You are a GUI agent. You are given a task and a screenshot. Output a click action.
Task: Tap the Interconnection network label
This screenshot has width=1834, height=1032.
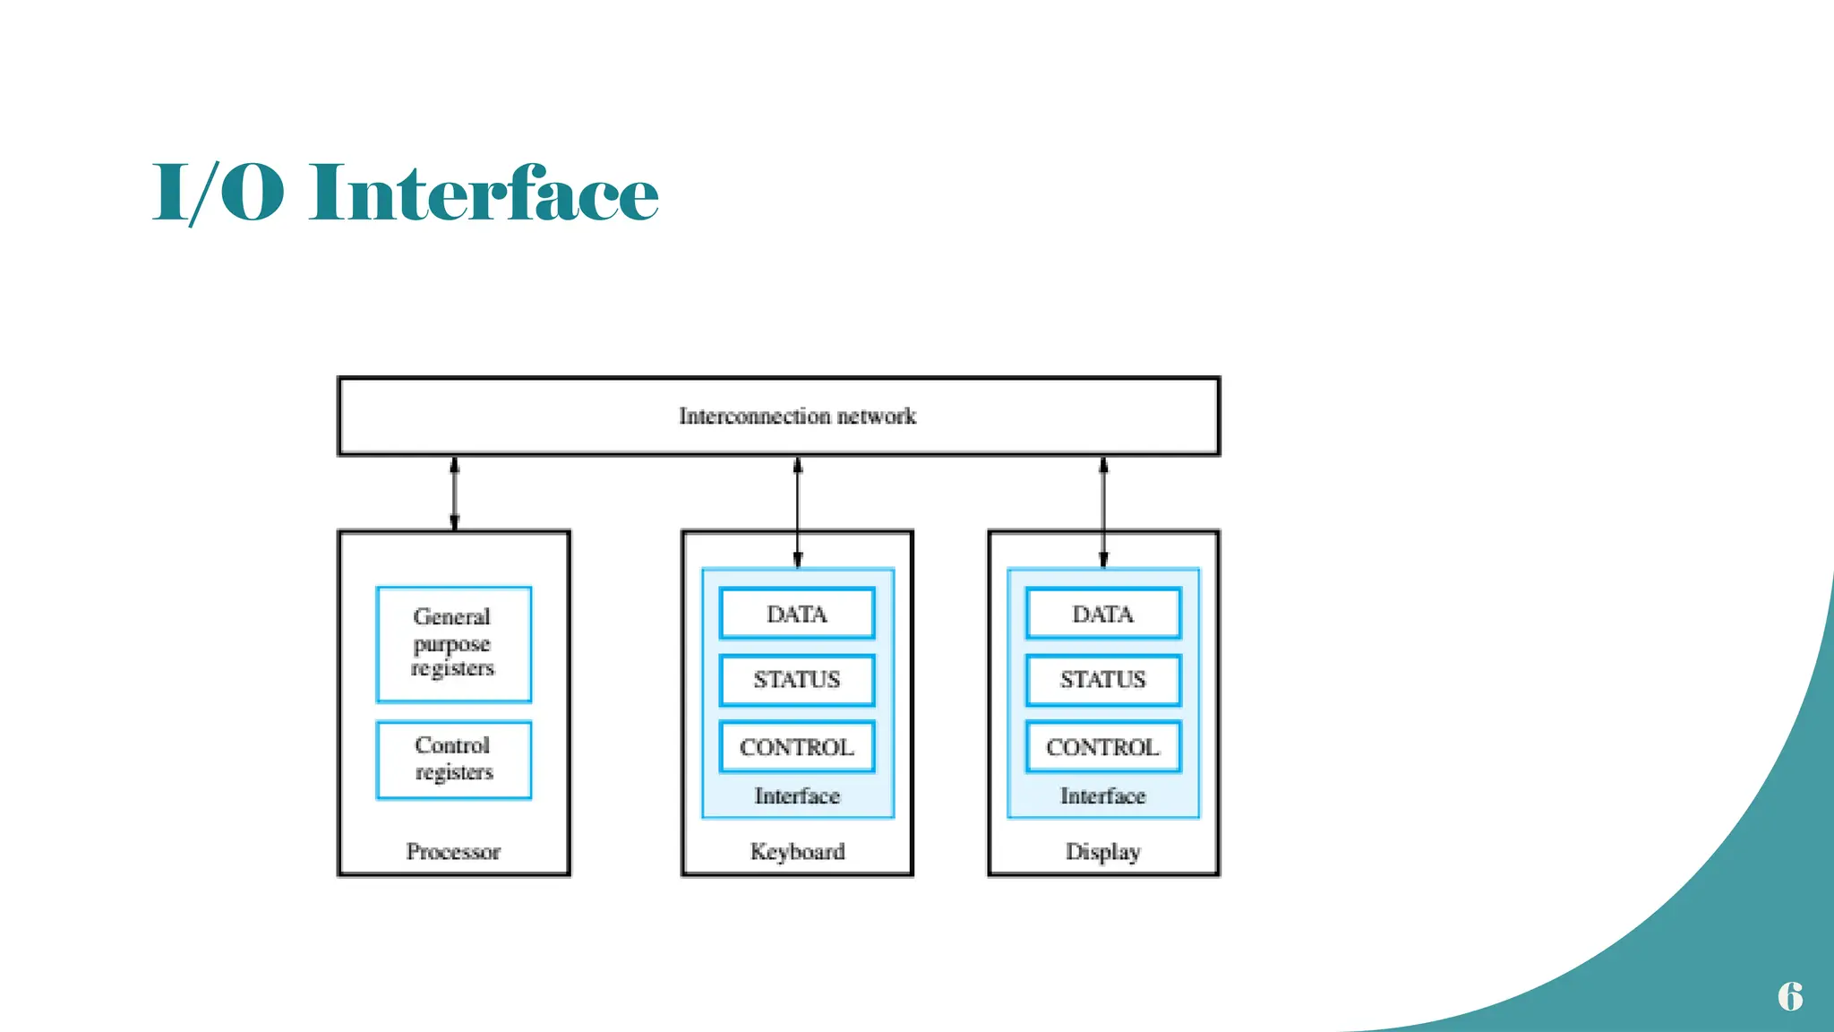point(797,417)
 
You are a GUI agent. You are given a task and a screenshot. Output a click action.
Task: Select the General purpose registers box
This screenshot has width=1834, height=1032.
point(453,643)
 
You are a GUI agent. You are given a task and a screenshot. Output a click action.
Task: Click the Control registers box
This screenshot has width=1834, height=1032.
point(453,759)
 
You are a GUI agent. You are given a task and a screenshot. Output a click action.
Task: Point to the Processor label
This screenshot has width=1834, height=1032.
point(453,851)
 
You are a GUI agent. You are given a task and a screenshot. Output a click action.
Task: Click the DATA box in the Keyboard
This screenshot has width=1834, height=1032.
point(796,614)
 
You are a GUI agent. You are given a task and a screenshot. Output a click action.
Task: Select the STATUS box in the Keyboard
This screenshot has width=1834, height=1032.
point(796,680)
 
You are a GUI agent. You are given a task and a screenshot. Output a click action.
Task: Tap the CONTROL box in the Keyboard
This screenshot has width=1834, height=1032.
point(796,747)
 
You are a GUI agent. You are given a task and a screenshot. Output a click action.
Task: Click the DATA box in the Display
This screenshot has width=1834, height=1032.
point(1102,614)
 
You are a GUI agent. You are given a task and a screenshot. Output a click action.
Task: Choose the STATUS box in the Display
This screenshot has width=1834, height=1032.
point(1102,680)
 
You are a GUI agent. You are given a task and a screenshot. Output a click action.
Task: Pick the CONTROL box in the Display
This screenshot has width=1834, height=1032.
point(1102,747)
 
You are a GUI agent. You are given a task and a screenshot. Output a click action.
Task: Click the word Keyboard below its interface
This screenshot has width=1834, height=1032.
point(797,851)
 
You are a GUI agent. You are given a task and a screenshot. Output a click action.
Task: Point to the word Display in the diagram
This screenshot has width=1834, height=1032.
point(1102,851)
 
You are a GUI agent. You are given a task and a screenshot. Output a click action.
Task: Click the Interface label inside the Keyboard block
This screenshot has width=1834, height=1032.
point(797,795)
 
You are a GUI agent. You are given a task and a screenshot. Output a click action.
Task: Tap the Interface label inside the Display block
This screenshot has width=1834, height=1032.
point(1102,795)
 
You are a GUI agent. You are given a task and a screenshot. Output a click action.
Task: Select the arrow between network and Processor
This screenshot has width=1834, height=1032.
point(454,494)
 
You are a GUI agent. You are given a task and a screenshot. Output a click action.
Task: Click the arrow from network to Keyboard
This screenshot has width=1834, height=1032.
point(797,512)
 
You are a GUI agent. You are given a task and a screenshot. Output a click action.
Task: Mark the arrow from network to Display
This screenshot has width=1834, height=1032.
point(1103,512)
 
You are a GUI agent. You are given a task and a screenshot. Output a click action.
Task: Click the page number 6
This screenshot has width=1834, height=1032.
point(1789,996)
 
